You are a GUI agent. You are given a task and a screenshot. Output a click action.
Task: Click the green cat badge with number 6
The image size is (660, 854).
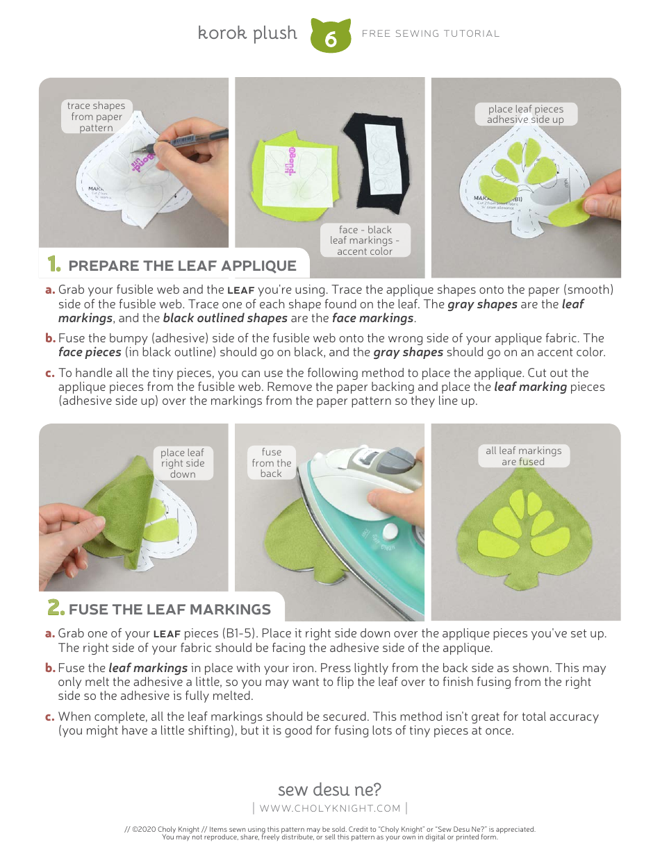pyautogui.click(x=331, y=36)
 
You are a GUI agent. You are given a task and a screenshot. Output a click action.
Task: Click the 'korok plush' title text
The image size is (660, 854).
pyautogui.click(x=247, y=33)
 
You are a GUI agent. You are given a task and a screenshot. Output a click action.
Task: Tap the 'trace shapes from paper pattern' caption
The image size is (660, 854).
pyautogui.click(x=96, y=117)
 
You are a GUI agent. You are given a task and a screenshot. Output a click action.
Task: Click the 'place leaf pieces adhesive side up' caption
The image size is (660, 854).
pyautogui.click(x=525, y=115)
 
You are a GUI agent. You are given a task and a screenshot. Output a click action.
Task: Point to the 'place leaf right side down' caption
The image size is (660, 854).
pyautogui.click(x=183, y=463)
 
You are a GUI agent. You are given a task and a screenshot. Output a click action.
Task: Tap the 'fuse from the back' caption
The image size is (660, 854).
pyautogui.click(x=272, y=462)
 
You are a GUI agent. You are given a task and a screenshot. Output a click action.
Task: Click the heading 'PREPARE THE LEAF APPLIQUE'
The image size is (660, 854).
pyautogui.click(x=182, y=266)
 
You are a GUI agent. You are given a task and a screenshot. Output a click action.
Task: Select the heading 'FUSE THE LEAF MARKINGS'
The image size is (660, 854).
pyautogui.click(x=170, y=610)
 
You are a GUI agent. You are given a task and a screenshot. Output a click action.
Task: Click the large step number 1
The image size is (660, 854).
pyautogui.click(x=53, y=265)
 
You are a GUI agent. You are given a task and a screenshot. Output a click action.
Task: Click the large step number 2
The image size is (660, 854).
pyautogui.click(x=55, y=608)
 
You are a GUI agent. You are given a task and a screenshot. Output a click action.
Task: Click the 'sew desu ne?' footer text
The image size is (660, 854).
pyautogui.click(x=329, y=789)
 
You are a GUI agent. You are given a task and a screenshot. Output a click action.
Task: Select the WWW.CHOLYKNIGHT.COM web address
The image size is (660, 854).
pyautogui.click(x=330, y=808)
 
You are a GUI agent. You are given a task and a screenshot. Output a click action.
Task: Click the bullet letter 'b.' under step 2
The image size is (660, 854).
pyautogui.click(x=50, y=668)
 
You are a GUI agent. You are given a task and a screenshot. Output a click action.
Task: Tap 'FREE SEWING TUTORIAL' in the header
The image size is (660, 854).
pyautogui.click(x=430, y=33)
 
